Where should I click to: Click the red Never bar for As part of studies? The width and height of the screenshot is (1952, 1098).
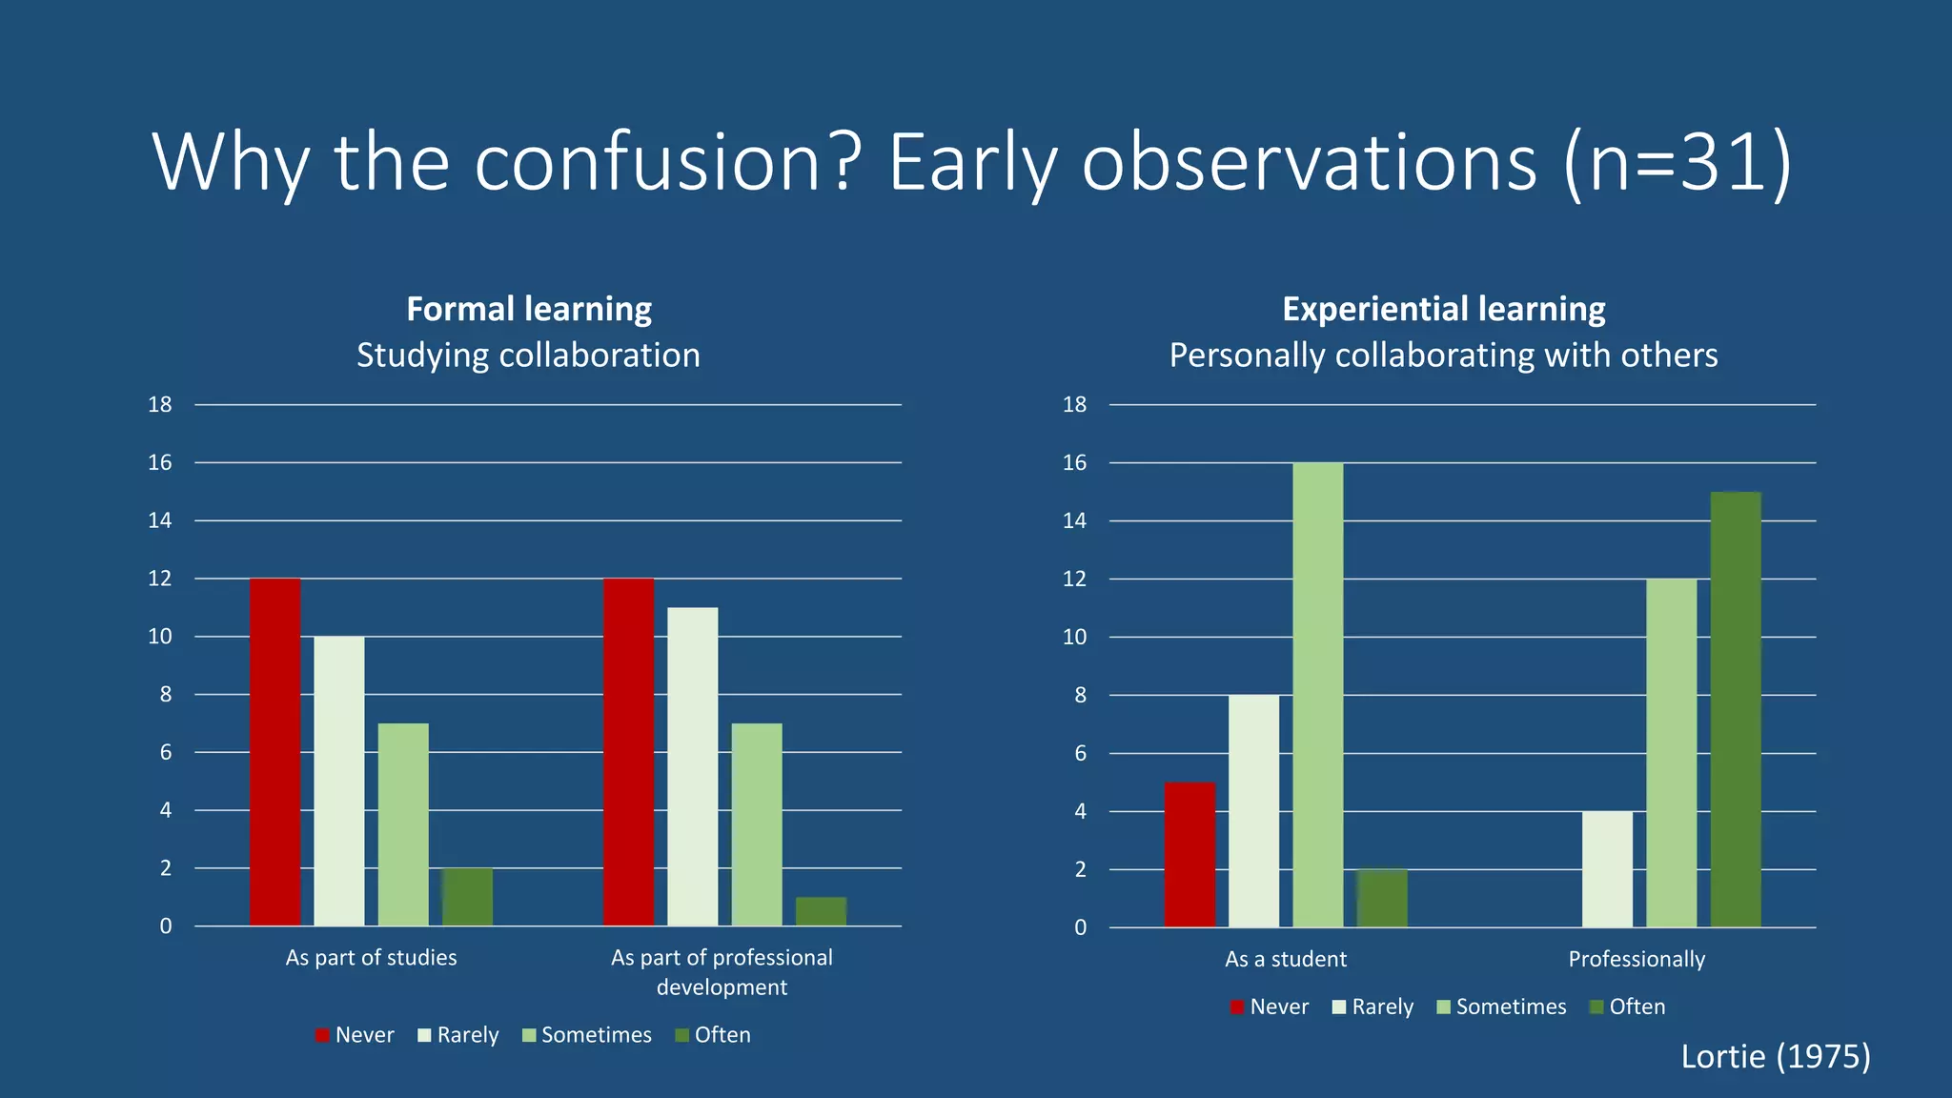274,752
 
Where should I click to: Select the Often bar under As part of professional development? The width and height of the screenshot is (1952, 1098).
821,911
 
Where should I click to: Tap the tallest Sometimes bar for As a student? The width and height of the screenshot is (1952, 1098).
1317,695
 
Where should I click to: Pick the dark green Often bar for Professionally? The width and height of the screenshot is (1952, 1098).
1735,709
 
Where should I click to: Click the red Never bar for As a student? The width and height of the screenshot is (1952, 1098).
1189,854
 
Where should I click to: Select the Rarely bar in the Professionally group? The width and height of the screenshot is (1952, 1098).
1607,868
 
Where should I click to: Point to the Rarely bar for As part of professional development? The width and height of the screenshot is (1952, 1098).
692,766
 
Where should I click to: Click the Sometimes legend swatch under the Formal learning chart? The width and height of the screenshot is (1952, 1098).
529,1035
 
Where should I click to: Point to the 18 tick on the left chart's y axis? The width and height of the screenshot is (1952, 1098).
160,405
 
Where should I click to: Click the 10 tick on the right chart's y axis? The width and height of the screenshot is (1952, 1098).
1074,637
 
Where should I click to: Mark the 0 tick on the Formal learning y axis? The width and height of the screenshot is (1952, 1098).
166,925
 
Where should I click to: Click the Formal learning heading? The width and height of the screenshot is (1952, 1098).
529,309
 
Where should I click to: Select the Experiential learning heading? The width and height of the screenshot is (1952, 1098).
1443,309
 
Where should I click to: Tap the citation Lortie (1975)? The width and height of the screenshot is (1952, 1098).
1775,1056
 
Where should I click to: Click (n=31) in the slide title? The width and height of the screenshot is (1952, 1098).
1677,162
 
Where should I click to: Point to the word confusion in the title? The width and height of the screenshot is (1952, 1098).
666,162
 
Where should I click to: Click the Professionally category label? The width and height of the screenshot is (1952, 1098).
1637,959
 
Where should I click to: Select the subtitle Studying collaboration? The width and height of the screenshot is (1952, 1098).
529,355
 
